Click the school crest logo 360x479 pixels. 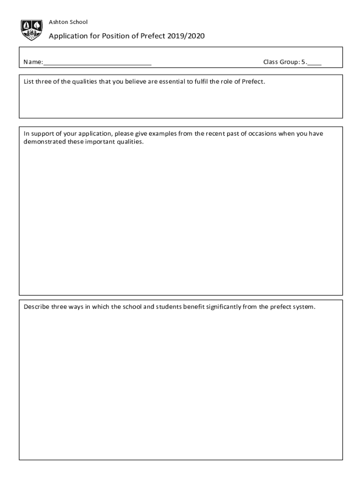coord(32,29)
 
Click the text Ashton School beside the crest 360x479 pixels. coord(68,22)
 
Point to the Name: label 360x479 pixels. coord(33,62)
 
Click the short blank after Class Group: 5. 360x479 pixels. coord(314,62)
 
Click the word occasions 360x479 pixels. coord(261,133)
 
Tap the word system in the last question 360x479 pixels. coord(304,307)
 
